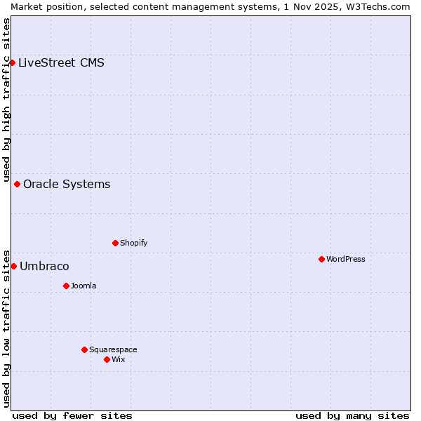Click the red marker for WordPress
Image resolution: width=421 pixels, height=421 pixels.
point(322,259)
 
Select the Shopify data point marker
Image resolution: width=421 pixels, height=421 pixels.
point(116,243)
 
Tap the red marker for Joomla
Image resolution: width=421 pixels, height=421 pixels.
point(67,286)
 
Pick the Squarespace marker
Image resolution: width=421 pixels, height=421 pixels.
point(85,349)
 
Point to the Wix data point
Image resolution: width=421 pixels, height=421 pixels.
point(107,359)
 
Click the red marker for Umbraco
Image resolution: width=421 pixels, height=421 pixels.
point(13,266)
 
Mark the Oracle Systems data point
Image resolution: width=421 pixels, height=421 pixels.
point(18,184)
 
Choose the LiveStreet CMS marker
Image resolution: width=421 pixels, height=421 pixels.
point(12,62)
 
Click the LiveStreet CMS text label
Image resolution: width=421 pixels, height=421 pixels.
point(61,62)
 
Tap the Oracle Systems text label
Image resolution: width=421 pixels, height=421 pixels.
point(67,184)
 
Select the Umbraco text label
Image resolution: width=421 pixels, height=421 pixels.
point(44,266)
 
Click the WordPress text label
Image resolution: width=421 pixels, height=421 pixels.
point(346,259)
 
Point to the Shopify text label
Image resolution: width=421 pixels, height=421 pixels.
point(133,243)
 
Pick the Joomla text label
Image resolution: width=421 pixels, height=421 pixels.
point(83,286)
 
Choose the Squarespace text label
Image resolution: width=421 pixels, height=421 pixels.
point(113,349)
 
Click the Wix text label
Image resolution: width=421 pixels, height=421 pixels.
point(118,359)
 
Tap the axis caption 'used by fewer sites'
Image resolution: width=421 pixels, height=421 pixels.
point(72,415)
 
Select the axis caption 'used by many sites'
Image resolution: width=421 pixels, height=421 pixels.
point(352,415)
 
